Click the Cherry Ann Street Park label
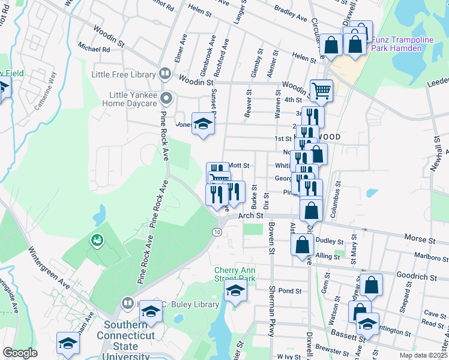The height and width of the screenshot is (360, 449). (x=235, y=274)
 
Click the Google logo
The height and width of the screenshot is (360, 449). (x=20, y=352)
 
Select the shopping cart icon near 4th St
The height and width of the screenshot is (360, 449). (x=322, y=91)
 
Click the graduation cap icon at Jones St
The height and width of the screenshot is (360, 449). (x=203, y=124)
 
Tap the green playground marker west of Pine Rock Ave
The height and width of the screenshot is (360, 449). (x=96, y=241)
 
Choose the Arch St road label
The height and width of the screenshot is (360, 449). (x=251, y=215)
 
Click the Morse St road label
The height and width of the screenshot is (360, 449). (x=420, y=239)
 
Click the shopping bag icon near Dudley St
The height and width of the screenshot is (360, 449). (x=303, y=245)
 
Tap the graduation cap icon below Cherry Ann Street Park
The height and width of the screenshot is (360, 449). (x=236, y=292)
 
